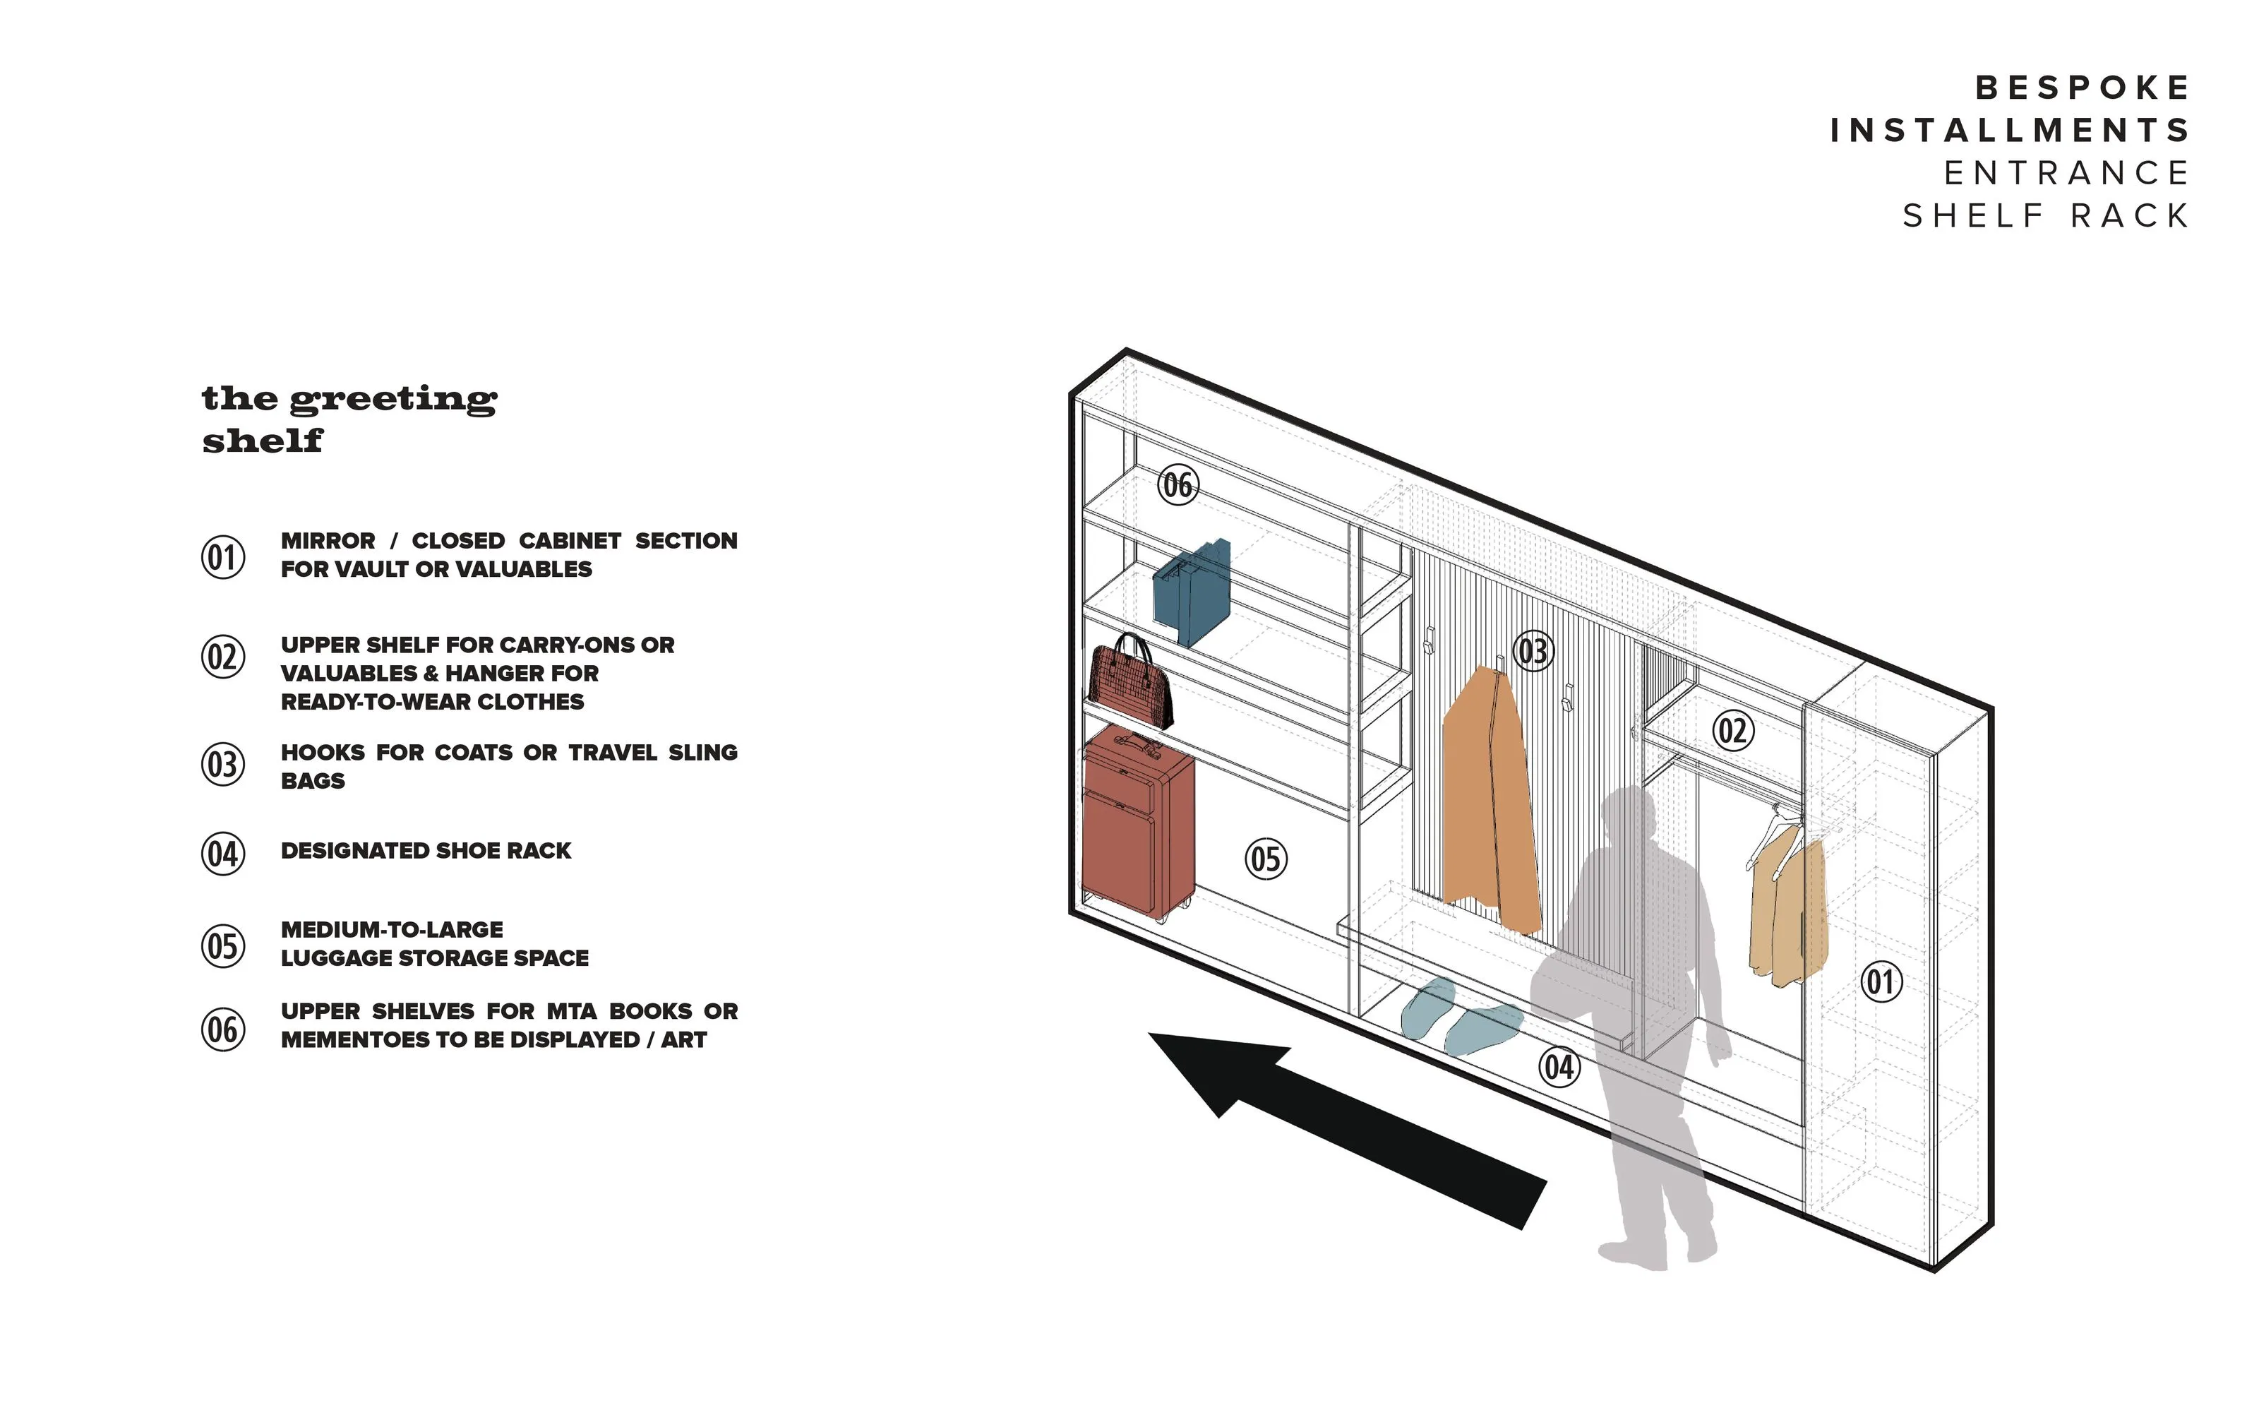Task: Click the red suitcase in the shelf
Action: [x=1138, y=825]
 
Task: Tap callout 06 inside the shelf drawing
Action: [x=1178, y=485]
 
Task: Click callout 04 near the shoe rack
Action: [x=1558, y=1067]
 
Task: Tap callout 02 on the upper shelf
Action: [x=1732, y=731]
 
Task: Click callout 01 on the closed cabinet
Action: [x=1881, y=982]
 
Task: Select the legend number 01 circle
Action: [x=223, y=557]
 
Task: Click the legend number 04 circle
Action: [x=223, y=854]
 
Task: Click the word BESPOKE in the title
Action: [x=2083, y=88]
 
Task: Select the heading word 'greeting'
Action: [x=393, y=400]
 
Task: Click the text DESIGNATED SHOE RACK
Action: [x=426, y=851]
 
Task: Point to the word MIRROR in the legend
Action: [x=328, y=542]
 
